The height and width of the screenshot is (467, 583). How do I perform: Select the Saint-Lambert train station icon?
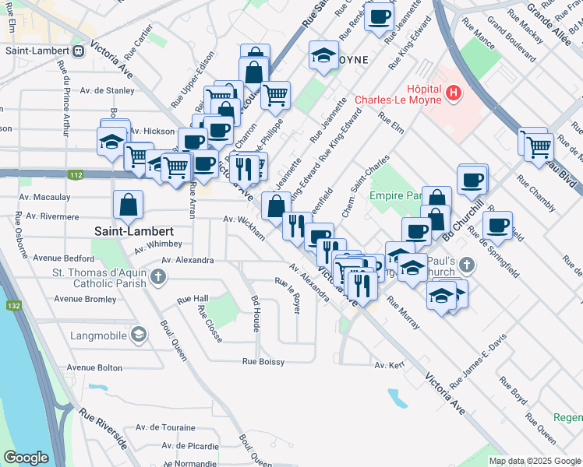click(x=79, y=51)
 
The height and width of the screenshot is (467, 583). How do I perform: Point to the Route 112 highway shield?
click(x=75, y=175)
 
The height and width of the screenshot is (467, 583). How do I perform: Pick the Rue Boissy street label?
click(x=263, y=361)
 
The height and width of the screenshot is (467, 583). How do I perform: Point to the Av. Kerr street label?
click(x=390, y=364)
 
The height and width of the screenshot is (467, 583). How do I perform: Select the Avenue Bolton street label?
click(x=94, y=367)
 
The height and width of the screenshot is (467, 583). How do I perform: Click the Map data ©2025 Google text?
click(x=534, y=461)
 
